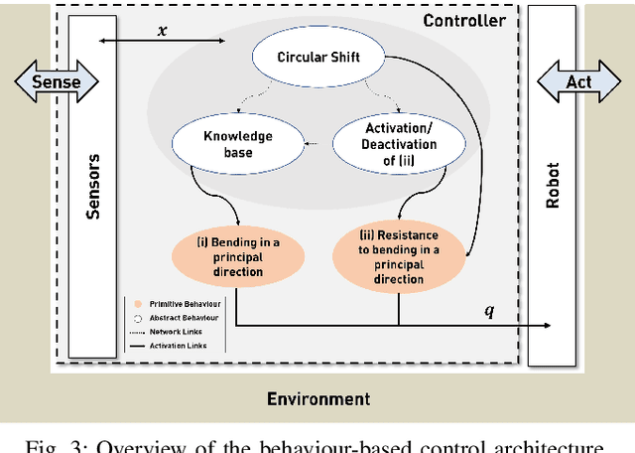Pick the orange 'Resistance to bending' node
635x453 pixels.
coord(398,257)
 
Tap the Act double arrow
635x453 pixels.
coord(578,81)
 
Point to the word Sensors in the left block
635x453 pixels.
coord(90,186)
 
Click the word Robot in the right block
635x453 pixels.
coord(553,186)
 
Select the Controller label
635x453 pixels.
coord(463,21)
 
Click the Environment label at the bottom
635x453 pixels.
coord(317,399)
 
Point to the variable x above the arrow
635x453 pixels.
coord(163,31)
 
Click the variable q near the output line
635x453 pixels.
coord(487,311)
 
